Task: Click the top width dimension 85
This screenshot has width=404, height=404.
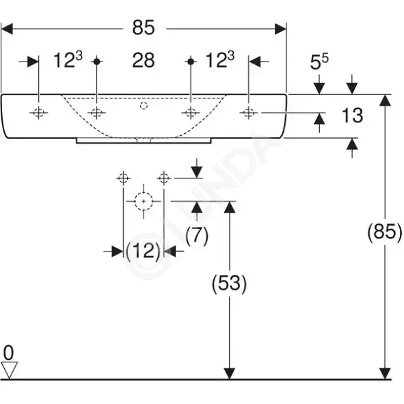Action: pos(144,27)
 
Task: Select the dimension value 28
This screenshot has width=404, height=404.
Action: pos(144,60)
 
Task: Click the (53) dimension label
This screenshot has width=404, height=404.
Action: pos(229,283)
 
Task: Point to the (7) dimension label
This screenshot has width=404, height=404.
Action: pos(197,235)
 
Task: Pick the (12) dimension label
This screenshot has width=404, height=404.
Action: pos(143,250)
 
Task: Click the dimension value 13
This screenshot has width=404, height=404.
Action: pos(352,116)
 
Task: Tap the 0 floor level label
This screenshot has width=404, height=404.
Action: pos(8,353)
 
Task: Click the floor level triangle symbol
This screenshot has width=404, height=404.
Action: pos(10,370)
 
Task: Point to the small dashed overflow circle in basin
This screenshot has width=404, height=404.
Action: pos(144,106)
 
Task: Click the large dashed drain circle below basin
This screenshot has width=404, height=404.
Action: pos(144,201)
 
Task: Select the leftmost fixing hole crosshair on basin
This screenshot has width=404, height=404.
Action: pos(39,113)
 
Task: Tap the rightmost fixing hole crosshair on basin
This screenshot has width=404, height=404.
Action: pos(249,113)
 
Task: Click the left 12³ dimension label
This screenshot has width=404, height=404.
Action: pos(68,59)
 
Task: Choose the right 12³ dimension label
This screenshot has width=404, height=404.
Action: pos(220,59)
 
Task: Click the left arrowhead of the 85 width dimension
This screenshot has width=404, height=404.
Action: pos(7,29)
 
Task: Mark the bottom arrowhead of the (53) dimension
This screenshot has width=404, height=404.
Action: pos(229,374)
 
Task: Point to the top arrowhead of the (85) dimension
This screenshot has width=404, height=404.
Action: pos(385,100)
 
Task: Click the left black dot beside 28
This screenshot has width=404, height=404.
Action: pos(96,62)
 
